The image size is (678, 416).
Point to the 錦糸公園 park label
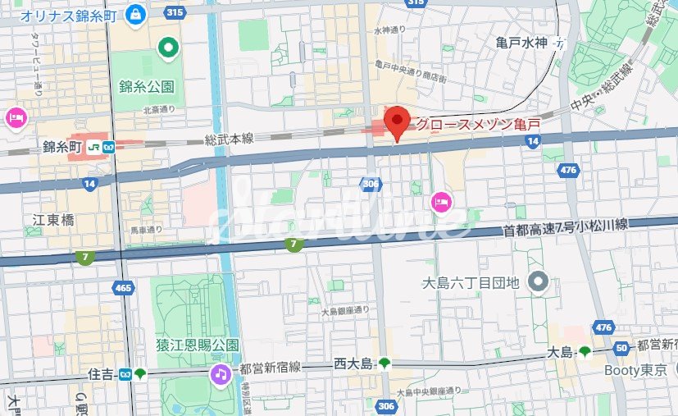[146, 85]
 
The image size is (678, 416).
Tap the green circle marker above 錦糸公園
[169, 48]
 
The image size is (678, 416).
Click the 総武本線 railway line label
[230, 139]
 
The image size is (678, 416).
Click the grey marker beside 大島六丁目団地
[538, 283]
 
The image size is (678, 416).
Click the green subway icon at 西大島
[385, 363]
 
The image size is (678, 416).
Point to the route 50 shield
[621, 349]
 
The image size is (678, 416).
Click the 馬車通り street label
[147, 230]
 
